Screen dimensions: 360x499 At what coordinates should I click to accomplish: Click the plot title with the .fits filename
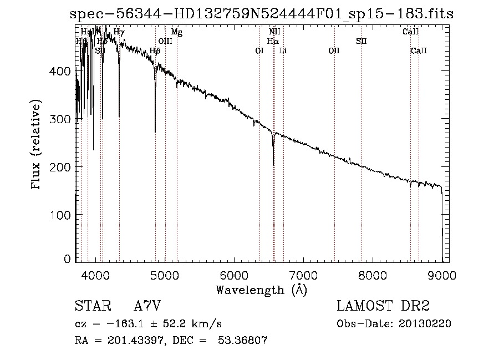click(x=262, y=14)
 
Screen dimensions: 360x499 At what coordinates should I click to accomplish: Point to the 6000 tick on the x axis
click(x=233, y=275)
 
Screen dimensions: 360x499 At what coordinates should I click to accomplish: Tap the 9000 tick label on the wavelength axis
click(x=442, y=275)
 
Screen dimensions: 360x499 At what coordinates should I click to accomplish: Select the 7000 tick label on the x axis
click(x=303, y=275)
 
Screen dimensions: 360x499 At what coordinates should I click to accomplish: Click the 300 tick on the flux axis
click(x=63, y=119)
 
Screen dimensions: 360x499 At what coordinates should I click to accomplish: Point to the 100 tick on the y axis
click(x=63, y=215)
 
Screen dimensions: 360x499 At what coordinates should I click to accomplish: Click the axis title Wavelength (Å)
click(x=261, y=290)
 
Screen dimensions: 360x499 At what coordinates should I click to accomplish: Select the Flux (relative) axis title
click(x=37, y=145)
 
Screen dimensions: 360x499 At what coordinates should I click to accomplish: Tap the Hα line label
click(x=272, y=41)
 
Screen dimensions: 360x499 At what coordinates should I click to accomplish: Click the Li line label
click(x=283, y=51)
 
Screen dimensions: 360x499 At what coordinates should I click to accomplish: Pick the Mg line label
click(x=176, y=32)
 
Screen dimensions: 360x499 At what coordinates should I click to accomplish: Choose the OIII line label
click(x=165, y=41)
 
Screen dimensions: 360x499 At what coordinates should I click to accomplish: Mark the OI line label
click(x=259, y=51)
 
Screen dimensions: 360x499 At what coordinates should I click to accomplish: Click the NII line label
click(x=274, y=32)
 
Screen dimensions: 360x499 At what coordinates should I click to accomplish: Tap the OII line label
click(x=334, y=51)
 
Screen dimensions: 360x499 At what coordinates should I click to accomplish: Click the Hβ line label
click(x=155, y=51)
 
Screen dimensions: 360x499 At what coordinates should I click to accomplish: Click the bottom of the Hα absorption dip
click(x=273, y=165)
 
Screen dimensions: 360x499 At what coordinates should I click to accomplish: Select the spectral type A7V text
click(x=147, y=306)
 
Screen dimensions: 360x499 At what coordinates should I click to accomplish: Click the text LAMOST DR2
click(x=383, y=306)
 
